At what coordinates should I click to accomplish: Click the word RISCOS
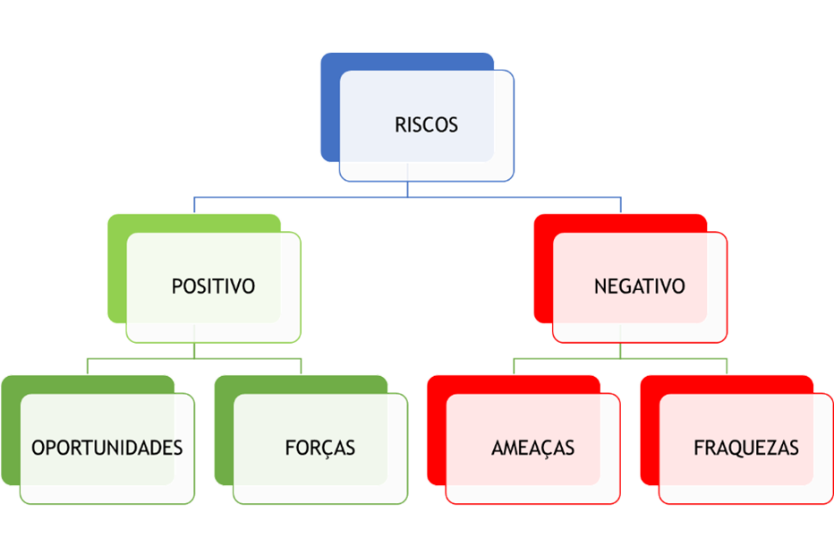(426, 125)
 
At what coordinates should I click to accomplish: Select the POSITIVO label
(213, 287)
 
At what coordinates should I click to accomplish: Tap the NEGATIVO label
(639, 287)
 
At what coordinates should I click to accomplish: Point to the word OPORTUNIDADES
(107, 448)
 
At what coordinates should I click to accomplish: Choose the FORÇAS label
(319, 448)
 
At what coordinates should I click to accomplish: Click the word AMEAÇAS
(532, 448)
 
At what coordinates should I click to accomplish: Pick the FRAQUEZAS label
(745, 448)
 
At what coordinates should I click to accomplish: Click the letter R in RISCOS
(400, 125)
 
